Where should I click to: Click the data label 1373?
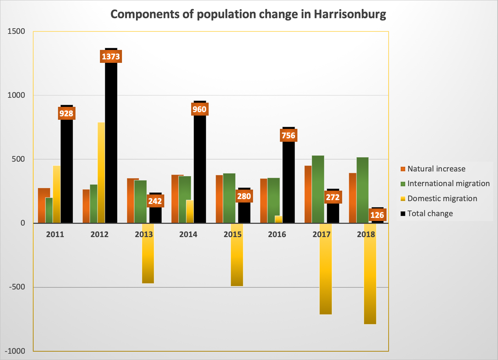(111, 57)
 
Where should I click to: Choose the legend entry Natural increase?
(436, 169)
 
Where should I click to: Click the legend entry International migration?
(448, 184)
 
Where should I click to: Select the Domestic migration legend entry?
(442, 199)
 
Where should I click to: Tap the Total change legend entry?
(430, 214)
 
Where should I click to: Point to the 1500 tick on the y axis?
(16, 31)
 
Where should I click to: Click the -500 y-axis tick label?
(16, 287)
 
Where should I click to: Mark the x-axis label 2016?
(277, 234)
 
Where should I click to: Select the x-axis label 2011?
(55, 234)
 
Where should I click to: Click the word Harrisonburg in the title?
(350, 14)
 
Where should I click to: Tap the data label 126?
(377, 215)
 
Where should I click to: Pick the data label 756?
(288, 135)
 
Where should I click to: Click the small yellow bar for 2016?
(279, 219)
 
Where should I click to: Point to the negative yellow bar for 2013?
(148, 258)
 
